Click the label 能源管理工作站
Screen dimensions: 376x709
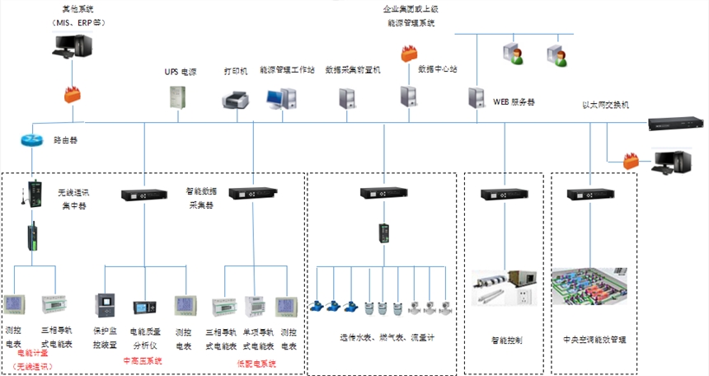point(287,70)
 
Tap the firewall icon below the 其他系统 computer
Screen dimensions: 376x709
point(72,94)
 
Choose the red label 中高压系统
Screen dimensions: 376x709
point(142,361)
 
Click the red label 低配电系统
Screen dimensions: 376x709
point(256,364)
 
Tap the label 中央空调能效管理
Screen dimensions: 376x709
point(589,339)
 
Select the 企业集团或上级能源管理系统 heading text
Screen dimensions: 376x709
point(423,16)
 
